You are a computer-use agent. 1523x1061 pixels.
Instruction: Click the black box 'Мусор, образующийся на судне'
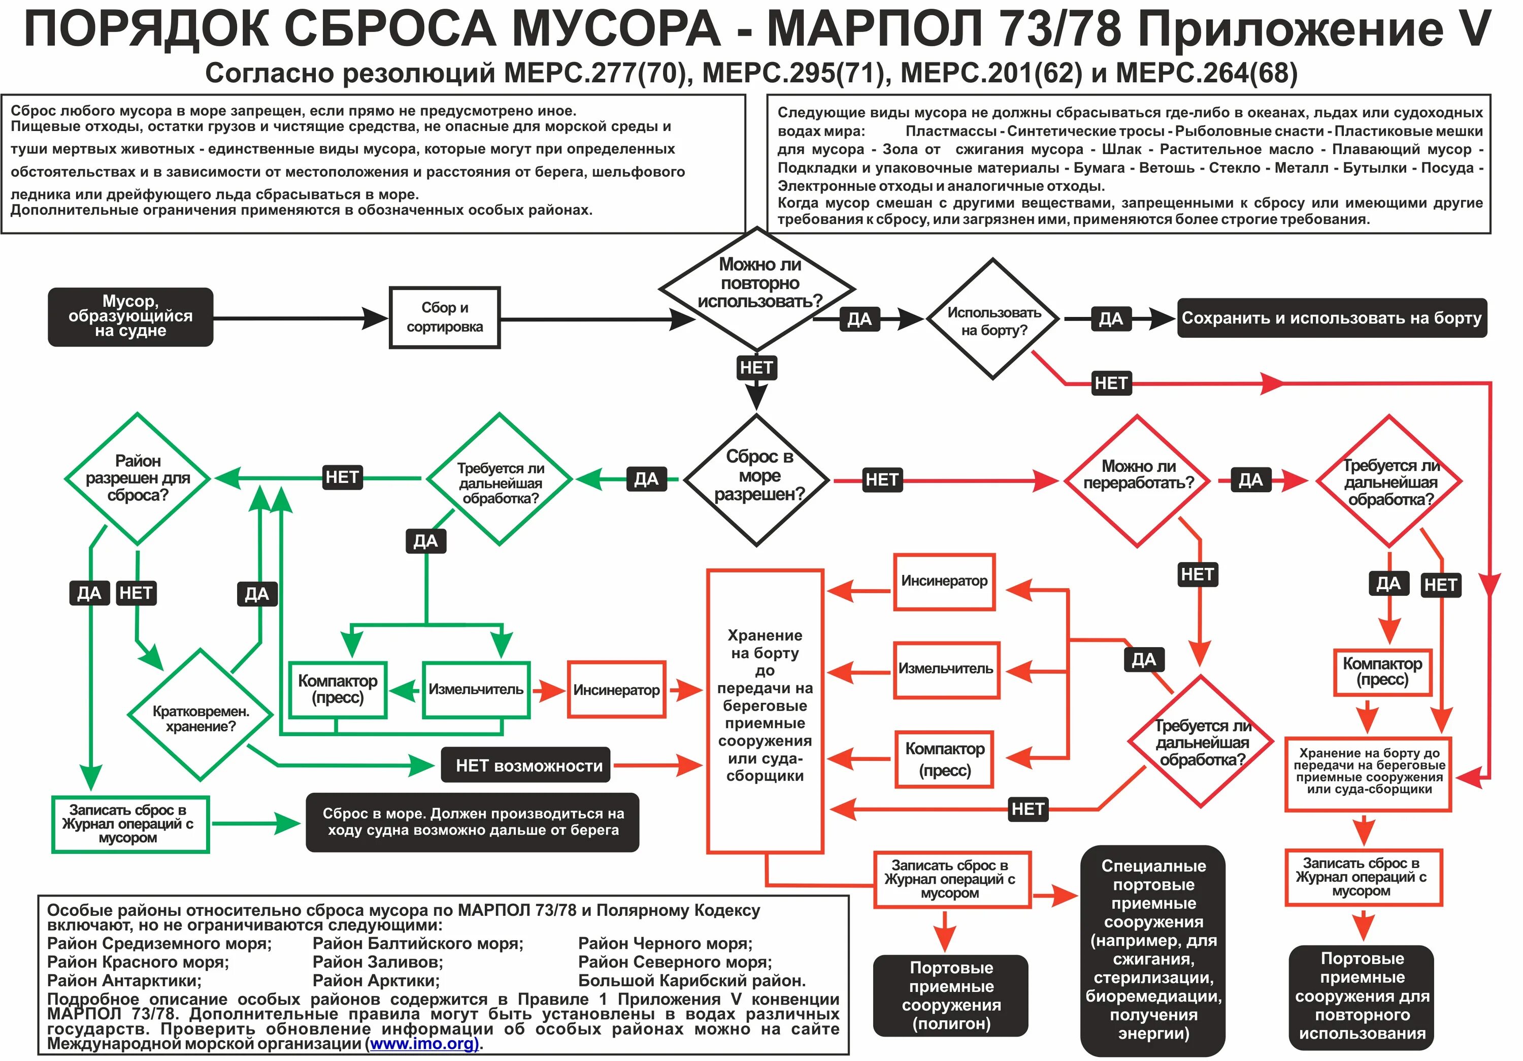130,316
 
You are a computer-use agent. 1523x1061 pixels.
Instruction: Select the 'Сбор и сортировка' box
444,317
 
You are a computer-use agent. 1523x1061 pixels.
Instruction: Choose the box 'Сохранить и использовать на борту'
1331,318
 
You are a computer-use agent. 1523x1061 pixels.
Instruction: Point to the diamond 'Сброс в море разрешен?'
757,479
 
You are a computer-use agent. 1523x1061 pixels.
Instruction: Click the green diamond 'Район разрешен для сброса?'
137,478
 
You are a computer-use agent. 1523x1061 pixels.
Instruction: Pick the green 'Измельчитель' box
476,689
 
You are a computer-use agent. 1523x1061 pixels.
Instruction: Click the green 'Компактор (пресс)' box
338,689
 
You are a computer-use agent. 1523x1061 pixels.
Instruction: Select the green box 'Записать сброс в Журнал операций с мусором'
129,824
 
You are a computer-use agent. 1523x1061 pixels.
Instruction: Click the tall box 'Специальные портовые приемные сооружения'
1153,950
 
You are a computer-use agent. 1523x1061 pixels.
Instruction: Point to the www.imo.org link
424,1044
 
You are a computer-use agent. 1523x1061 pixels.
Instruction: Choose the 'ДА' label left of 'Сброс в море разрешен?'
645,479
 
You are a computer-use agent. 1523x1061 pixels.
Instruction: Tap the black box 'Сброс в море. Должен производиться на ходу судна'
472,821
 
